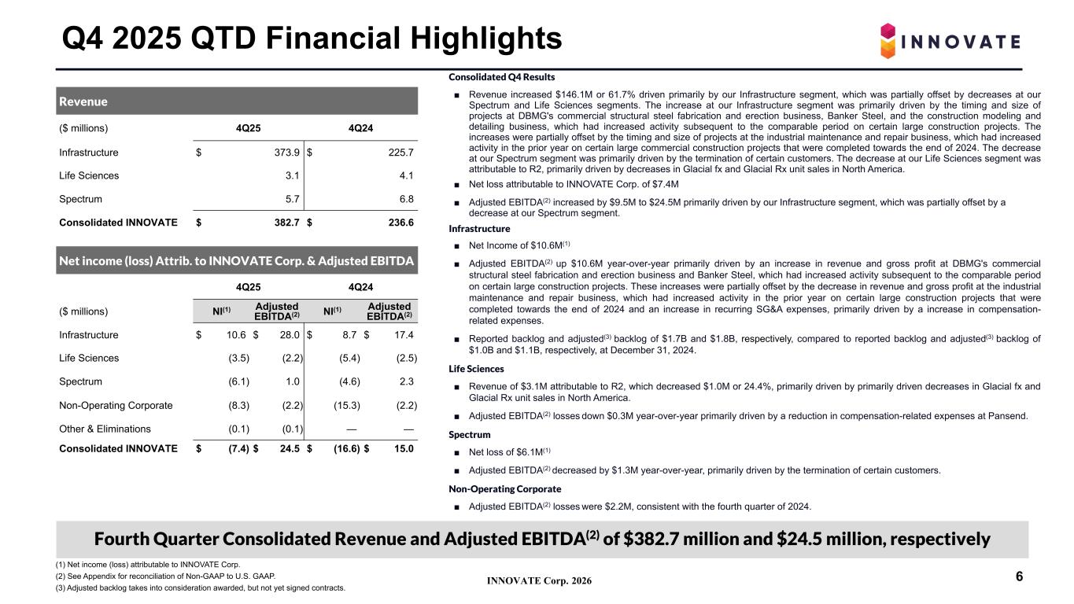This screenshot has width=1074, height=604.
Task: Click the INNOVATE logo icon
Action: click(x=888, y=41)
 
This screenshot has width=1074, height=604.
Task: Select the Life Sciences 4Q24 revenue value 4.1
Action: click(x=407, y=176)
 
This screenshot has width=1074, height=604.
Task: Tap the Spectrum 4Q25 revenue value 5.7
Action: click(x=292, y=200)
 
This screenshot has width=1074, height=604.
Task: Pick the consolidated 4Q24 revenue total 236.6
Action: click(x=400, y=223)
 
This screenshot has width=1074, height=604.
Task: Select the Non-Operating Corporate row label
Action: click(x=116, y=405)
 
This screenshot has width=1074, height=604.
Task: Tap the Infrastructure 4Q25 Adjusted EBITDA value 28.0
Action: click(x=288, y=335)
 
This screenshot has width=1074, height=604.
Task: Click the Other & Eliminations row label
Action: click(x=105, y=429)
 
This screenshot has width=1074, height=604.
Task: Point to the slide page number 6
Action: click(x=1019, y=577)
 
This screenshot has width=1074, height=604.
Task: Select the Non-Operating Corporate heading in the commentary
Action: click(x=493, y=489)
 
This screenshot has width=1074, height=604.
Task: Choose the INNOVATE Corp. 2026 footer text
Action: click(x=539, y=581)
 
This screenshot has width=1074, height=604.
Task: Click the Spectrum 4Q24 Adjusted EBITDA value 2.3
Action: click(x=406, y=381)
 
